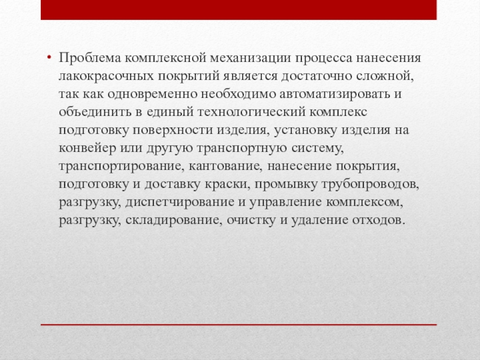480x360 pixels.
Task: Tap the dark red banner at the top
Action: [x=240, y=9]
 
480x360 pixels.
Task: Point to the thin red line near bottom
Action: [x=240, y=325]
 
